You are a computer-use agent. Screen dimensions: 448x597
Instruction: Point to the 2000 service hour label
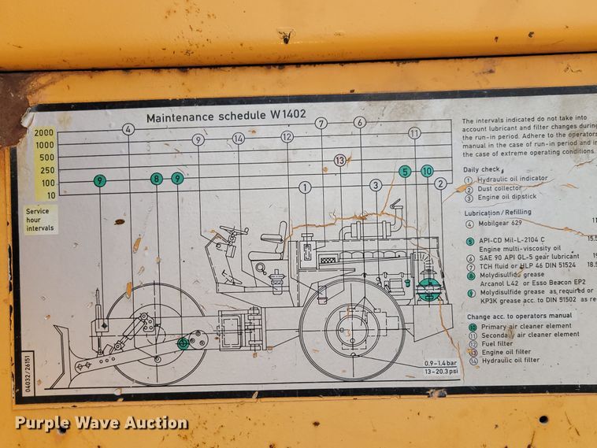pos(44,133)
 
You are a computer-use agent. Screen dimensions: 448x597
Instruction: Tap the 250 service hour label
pos(47,170)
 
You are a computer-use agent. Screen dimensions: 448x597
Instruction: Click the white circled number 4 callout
pos(128,129)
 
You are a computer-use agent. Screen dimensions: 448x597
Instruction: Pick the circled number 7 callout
pos(321,123)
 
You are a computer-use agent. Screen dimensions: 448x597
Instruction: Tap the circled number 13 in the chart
pos(339,160)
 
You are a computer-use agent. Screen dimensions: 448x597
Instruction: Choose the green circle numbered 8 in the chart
pos(157,179)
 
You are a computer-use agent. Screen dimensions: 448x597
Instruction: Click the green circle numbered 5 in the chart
pos(405,171)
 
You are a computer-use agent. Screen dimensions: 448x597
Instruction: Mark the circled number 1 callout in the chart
pos(305,187)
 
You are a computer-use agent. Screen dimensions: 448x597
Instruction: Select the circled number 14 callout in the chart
pos(239,139)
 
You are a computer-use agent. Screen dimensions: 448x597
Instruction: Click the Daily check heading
pos(482,169)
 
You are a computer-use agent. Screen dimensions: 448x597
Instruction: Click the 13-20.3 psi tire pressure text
pos(424,370)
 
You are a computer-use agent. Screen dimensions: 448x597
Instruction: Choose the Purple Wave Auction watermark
pos(102,423)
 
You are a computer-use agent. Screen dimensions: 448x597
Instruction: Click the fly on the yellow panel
pos(285,35)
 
